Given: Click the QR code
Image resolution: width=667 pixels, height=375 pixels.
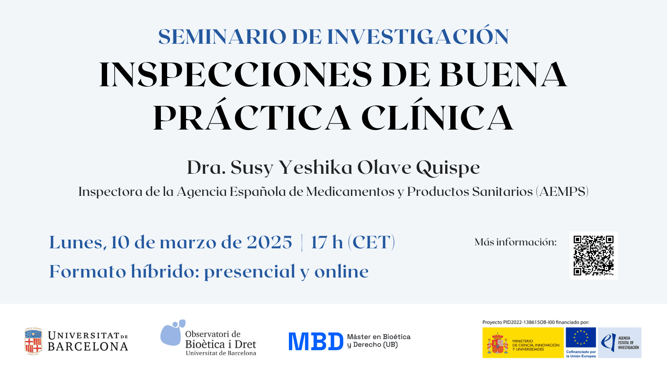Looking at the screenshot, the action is pos(594,256).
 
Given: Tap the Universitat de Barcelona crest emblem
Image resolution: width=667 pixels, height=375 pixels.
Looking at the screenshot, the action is pos(33,341).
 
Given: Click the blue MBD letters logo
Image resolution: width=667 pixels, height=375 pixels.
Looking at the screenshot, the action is pos(316,341).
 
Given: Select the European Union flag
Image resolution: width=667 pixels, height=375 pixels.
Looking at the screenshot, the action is pos(581,337).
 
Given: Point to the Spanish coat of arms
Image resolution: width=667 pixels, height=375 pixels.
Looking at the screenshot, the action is pos(497,343).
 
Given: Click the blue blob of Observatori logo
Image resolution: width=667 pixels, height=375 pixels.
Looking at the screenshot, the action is pos(173,333).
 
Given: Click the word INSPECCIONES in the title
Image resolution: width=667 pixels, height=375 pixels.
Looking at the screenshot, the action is pos(235,75).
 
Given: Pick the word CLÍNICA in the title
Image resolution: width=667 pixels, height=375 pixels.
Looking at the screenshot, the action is pos(437,115).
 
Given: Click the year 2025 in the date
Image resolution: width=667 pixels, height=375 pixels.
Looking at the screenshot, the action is pos(269,242).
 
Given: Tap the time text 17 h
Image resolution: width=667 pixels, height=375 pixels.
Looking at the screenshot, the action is pos(327,242).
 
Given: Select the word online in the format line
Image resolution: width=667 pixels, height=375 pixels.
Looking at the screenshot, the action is pos(341,271).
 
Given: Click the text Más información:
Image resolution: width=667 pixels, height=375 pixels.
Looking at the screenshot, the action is pos(515,242).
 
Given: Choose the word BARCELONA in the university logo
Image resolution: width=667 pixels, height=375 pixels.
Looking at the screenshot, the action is pos(88,346).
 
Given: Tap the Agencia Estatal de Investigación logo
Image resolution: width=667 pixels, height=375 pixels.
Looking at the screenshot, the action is pos(619,342).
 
